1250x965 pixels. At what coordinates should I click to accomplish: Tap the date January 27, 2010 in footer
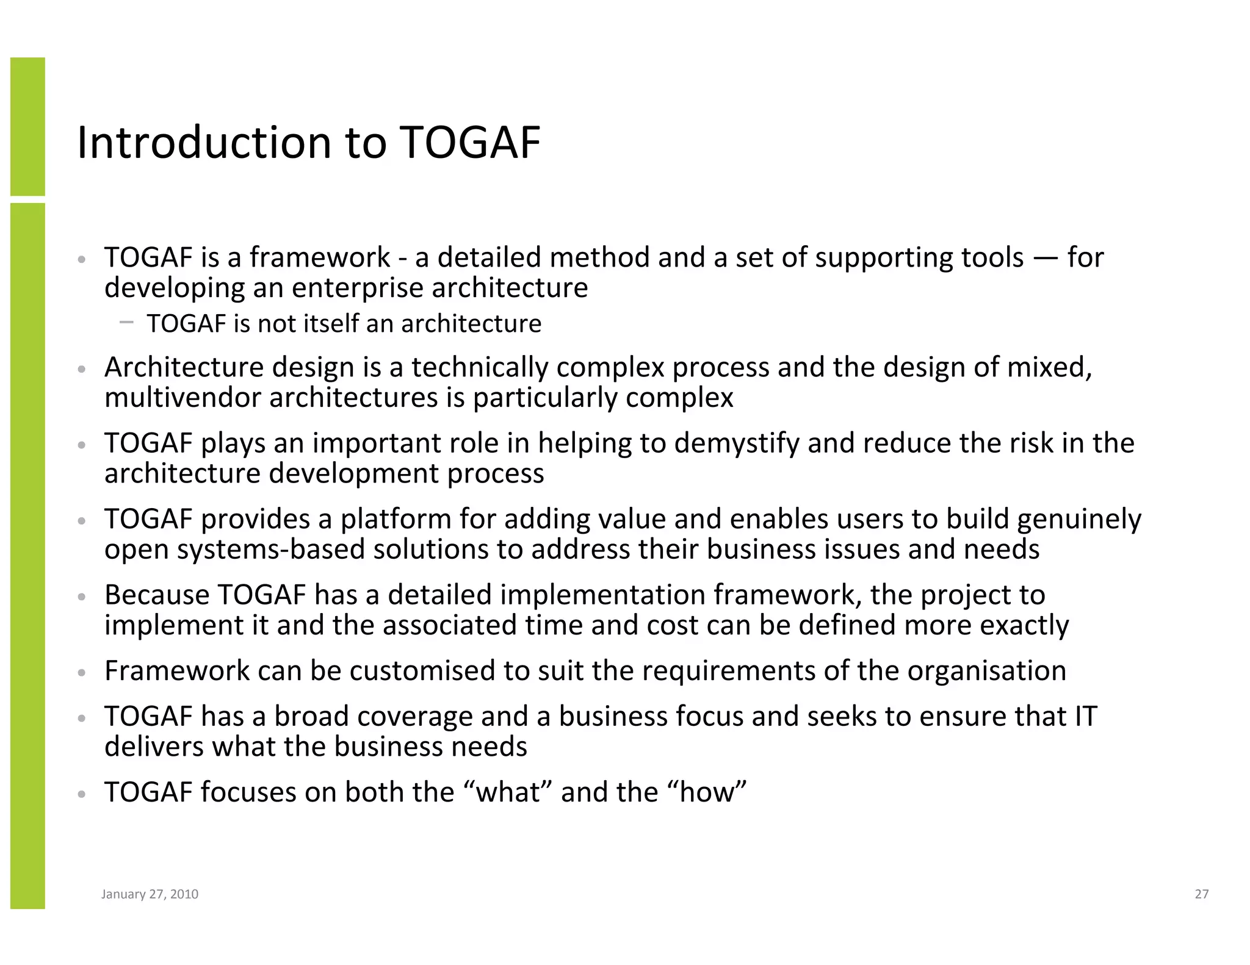(150, 894)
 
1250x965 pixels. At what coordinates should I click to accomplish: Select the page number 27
(1201, 894)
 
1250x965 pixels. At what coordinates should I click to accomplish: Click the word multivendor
(182, 398)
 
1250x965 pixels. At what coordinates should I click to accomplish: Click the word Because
(156, 595)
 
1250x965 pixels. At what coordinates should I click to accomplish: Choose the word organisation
(986, 671)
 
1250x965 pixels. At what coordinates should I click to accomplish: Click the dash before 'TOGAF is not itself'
(127, 323)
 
